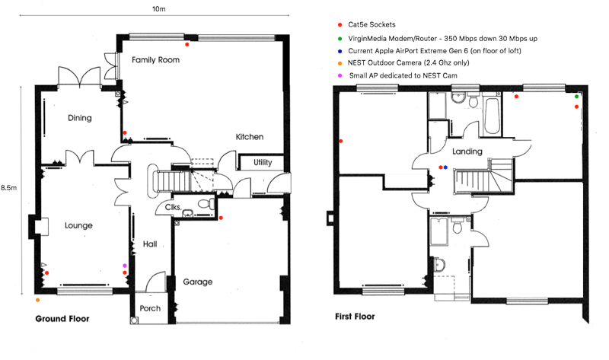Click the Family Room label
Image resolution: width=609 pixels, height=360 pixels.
pyautogui.click(x=155, y=60)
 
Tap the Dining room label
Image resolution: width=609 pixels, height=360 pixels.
pyautogui.click(x=80, y=118)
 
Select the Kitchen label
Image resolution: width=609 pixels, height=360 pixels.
pyautogui.click(x=250, y=137)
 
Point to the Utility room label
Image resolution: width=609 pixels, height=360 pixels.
pyautogui.click(x=263, y=162)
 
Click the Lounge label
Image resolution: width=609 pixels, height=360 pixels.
pyautogui.click(x=78, y=225)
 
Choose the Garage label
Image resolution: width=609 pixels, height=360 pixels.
pyautogui.click(x=198, y=282)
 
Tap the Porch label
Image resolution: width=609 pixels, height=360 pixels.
pyautogui.click(x=150, y=308)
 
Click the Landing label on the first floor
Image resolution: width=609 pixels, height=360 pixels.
pyautogui.click(x=467, y=151)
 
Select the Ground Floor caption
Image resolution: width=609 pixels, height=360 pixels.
pyautogui.click(x=62, y=319)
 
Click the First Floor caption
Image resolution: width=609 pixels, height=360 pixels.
pyautogui.click(x=355, y=317)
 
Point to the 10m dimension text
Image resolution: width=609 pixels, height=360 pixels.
pyautogui.click(x=159, y=8)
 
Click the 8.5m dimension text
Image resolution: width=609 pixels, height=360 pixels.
pyautogui.click(x=8, y=187)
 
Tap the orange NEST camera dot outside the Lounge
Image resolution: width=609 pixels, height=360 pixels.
pyautogui.click(x=37, y=300)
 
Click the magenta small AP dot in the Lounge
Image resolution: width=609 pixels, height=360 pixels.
pyautogui.click(x=125, y=266)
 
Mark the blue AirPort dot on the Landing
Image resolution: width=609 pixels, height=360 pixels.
pyautogui.click(x=445, y=167)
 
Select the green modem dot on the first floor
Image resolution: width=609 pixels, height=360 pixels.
pyautogui.click(x=576, y=97)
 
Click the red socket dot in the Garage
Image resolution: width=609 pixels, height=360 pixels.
pyautogui.click(x=221, y=218)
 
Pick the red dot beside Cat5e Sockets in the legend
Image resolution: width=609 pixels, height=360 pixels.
pyautogui.click(x=340, y=25)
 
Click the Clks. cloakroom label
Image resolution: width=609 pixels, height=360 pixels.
pyautogui.click(x=173, y=207)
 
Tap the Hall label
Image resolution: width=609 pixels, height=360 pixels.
pyautogui.click(x=150, y=244)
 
